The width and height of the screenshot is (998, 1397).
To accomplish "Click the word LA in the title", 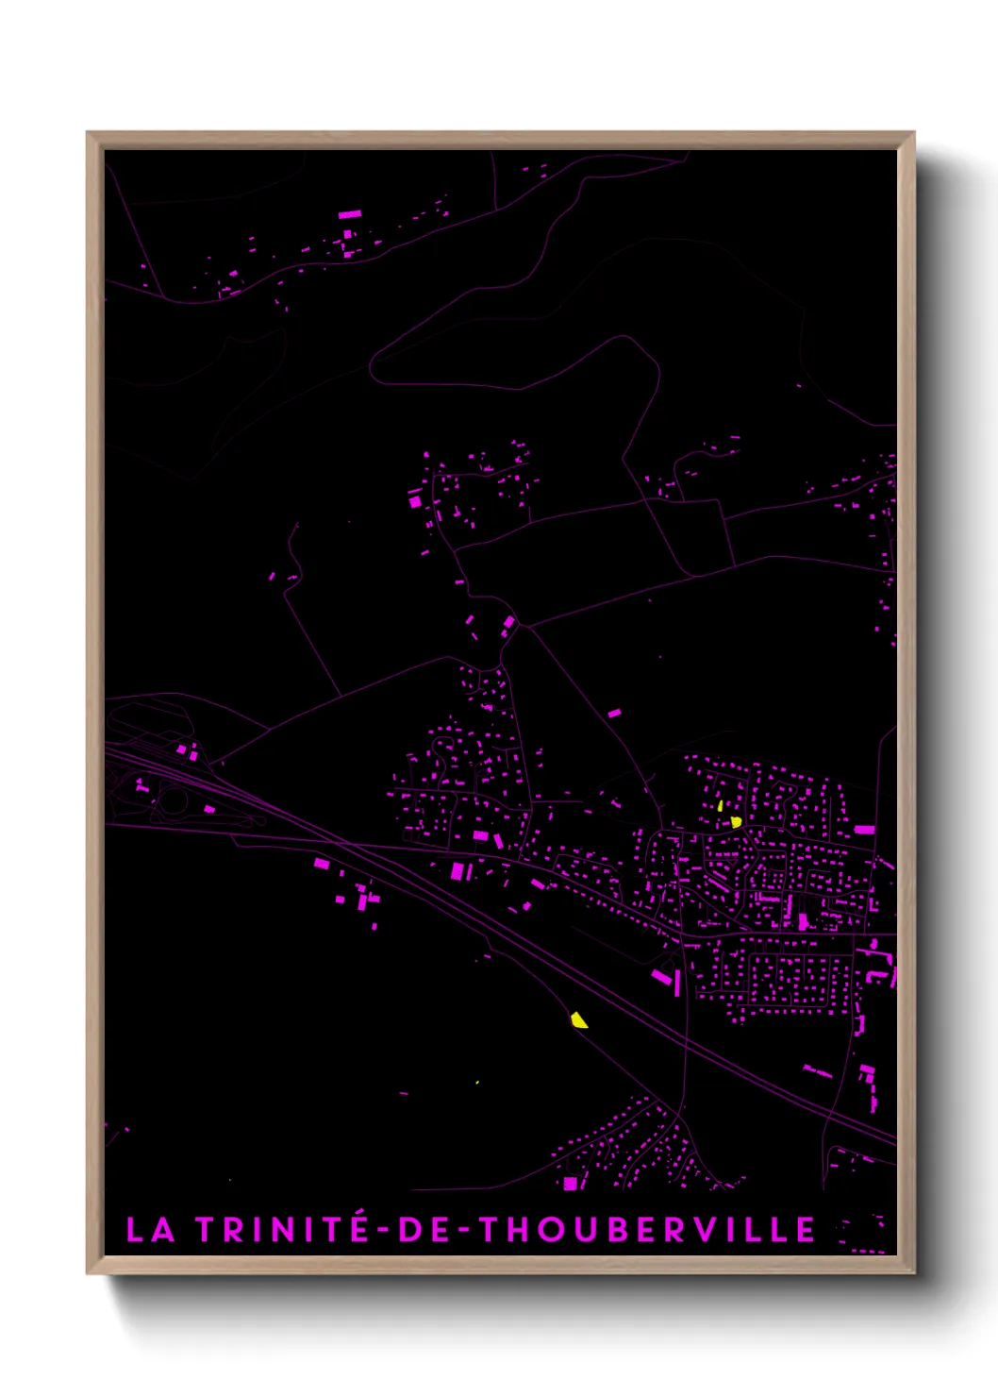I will [x=150, y=1230].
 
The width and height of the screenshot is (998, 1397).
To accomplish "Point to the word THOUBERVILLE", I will [x=646, y=1230].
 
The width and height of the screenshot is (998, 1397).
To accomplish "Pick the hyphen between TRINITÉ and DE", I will [x=383, y=1231].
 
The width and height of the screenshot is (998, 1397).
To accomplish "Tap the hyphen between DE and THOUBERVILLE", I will [x=464, y=1231].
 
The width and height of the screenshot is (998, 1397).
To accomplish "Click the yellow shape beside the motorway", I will [x=578, y=1019].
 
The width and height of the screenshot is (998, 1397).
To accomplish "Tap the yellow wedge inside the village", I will [x=736, y=822].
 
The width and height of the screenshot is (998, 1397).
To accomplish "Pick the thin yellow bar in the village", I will [x=721, y=806].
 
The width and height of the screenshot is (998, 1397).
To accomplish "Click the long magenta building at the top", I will [x=350, y=214].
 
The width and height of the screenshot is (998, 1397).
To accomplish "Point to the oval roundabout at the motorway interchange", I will [x=174, y=802].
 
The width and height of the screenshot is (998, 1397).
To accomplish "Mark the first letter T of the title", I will [x=207, y=1230].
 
